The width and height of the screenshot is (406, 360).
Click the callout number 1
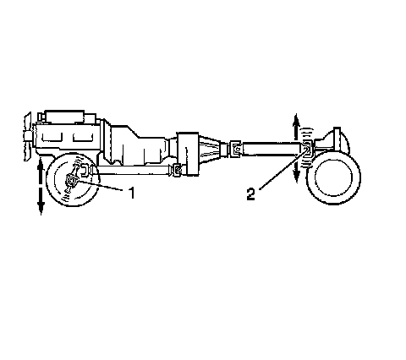[131, 193]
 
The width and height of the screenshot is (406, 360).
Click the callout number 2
[250, 194]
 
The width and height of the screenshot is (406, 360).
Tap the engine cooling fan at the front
[28, 137]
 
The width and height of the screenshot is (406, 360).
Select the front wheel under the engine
[72, 180]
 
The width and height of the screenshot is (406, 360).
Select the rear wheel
[333, 177]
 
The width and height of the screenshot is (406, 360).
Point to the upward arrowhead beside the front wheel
[41, 164]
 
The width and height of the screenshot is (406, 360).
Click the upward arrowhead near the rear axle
[296, 121]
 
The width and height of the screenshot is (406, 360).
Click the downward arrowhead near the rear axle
[296, 176]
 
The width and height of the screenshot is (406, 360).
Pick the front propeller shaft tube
[133, 170]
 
